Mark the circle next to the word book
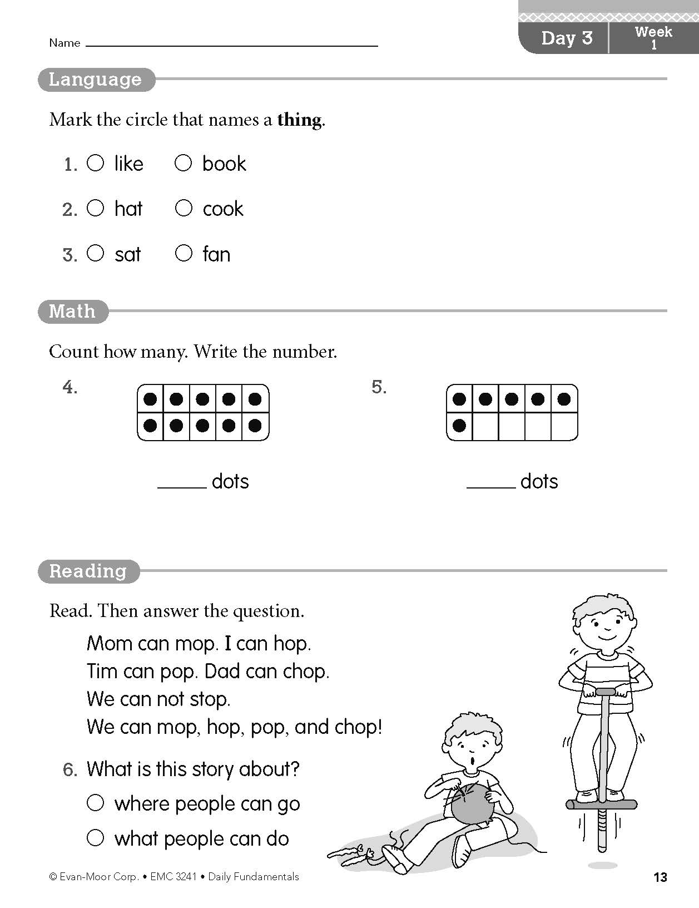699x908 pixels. tap(183, 163)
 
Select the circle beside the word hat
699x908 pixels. tap(96, 208)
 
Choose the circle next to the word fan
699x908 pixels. tap(183, 254)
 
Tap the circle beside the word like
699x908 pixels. tap(96, 163)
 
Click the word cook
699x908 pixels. tap(223, 209)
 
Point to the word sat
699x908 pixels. tap(128, 255)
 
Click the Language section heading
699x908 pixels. tap(96, 80)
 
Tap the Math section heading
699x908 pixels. tap(72, 311)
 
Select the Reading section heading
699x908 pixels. tap(88, 571)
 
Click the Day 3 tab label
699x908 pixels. tap(567, 38)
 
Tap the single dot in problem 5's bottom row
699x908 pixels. tap(459, 426)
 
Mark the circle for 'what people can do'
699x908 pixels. tap(96, 837)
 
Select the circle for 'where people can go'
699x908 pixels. tap(96, 802)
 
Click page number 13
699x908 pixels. tap(660, 877)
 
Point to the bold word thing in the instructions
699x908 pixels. tap(299, 120)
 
